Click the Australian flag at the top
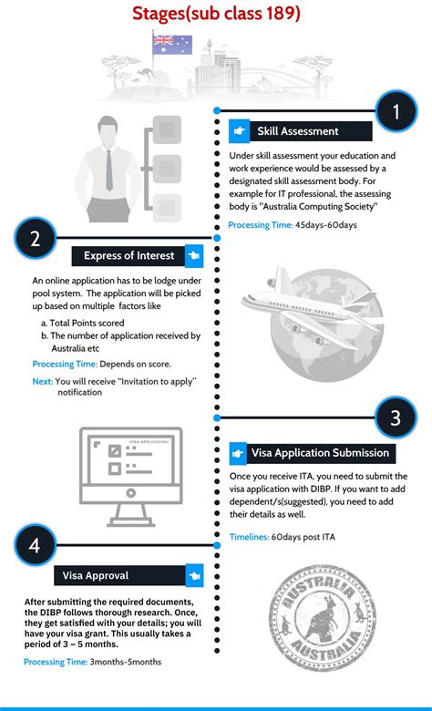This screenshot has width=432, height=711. (171, 42)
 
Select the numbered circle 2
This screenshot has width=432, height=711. (35, 240)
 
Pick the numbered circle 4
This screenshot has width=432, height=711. (35, 546)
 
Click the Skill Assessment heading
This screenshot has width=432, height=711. (297, 131)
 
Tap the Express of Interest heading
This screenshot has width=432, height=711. (129, 255)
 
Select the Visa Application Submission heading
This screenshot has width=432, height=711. (320, 452)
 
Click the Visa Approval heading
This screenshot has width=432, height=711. (96, 575)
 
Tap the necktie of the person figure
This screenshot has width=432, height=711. (108, 168)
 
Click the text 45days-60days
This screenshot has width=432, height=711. (325, 225)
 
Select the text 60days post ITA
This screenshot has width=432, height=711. (303, 537)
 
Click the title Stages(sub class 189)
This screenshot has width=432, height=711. (215, 14)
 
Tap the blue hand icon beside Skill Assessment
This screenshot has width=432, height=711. (239, 131)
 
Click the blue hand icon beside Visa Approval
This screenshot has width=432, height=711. (193, 575)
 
